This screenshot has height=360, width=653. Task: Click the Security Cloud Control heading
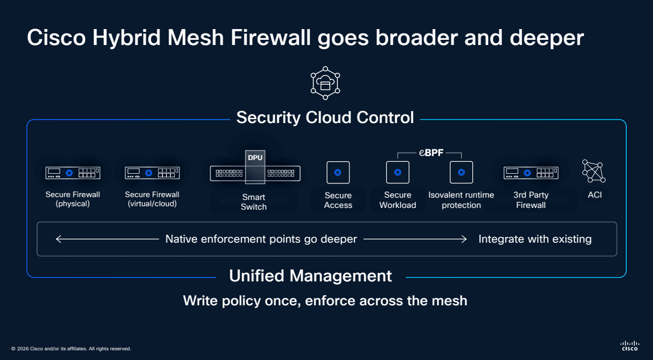[325, 117]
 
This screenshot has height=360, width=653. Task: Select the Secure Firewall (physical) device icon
[73, 173]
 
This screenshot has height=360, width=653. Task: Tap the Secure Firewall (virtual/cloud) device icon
[152, 173]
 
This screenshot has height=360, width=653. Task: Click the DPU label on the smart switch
[255, 158]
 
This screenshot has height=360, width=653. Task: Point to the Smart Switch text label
[254, 202]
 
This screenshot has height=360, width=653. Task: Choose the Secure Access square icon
[338, 172]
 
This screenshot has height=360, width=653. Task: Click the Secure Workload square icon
[398, 172]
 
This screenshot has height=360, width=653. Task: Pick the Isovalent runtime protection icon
[461, 172]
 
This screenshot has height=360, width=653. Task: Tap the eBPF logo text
[431, 153]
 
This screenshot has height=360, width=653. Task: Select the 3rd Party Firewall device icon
[530, 173]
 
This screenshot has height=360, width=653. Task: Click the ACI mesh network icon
[594, 171]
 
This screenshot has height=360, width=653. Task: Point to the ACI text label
[594, 195]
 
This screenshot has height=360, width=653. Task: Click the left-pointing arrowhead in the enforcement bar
[59, 239]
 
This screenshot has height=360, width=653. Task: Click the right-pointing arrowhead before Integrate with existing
[464, 239]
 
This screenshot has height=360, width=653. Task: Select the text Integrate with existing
[534, 239]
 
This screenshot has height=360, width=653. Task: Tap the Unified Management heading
[311, 276]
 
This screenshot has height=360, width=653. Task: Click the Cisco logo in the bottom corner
[630, 345]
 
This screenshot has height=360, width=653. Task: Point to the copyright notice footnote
[71, 349]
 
